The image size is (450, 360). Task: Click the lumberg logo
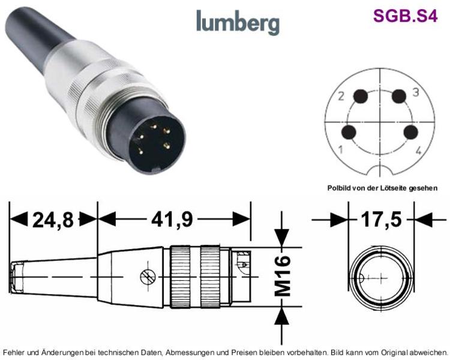coord(238,22)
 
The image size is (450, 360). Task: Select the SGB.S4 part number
coord(405,16)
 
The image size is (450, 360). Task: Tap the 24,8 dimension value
coord(53,220)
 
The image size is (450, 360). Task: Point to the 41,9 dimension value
coord(172,220)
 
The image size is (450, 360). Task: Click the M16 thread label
coord(283,276)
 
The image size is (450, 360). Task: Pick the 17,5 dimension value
coord(381,220)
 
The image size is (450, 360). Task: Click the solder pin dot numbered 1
coord(349,133)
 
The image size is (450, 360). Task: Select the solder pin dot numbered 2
coord(361,97)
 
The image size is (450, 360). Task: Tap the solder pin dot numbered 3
coord(399,96)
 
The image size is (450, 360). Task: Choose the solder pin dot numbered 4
coord(410,133)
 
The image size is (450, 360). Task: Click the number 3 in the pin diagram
coord(416,92)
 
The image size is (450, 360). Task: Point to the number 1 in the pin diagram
coord(341,149)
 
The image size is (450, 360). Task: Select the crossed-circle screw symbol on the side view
coord(148,277)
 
